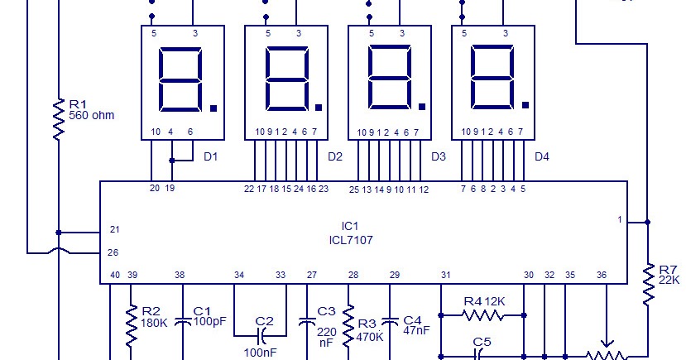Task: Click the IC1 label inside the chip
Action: [x=350, y=225]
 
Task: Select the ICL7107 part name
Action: [x=350, y=240]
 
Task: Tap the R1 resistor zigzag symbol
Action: [x=59, y=119]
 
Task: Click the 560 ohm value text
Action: [x=92, y=116]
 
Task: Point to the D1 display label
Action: [x=211, y=156]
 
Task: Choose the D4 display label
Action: [x=541, y=156]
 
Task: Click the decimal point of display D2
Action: [x=318, y=105]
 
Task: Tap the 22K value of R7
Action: [x=669, y=281]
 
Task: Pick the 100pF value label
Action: [x=209, y=320]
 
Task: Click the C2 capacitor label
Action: [x=264, y=321]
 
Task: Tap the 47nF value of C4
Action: [x=415, y=329]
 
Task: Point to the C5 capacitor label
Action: [x=482, y=341]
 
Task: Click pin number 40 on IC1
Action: [x=115, y=275]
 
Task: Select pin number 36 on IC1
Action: [x=602, y=275]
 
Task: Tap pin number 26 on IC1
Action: [x=114, y=252]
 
